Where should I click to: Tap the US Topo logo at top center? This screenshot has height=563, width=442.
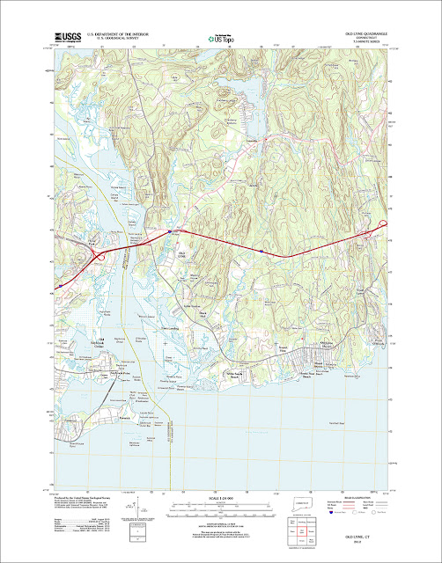[220, 37]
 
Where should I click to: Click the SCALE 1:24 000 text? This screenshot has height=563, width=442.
[220, 499]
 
